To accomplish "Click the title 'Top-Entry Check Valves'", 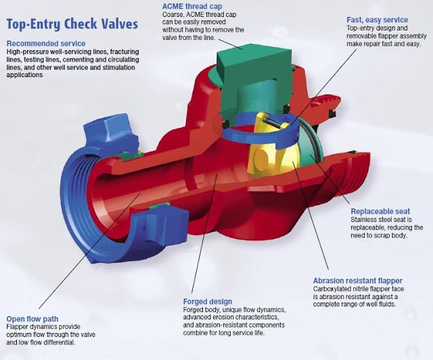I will (x=72, y=24).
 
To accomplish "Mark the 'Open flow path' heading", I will (x=33, y=318).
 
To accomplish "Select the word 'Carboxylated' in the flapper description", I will (x=335, y=289).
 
